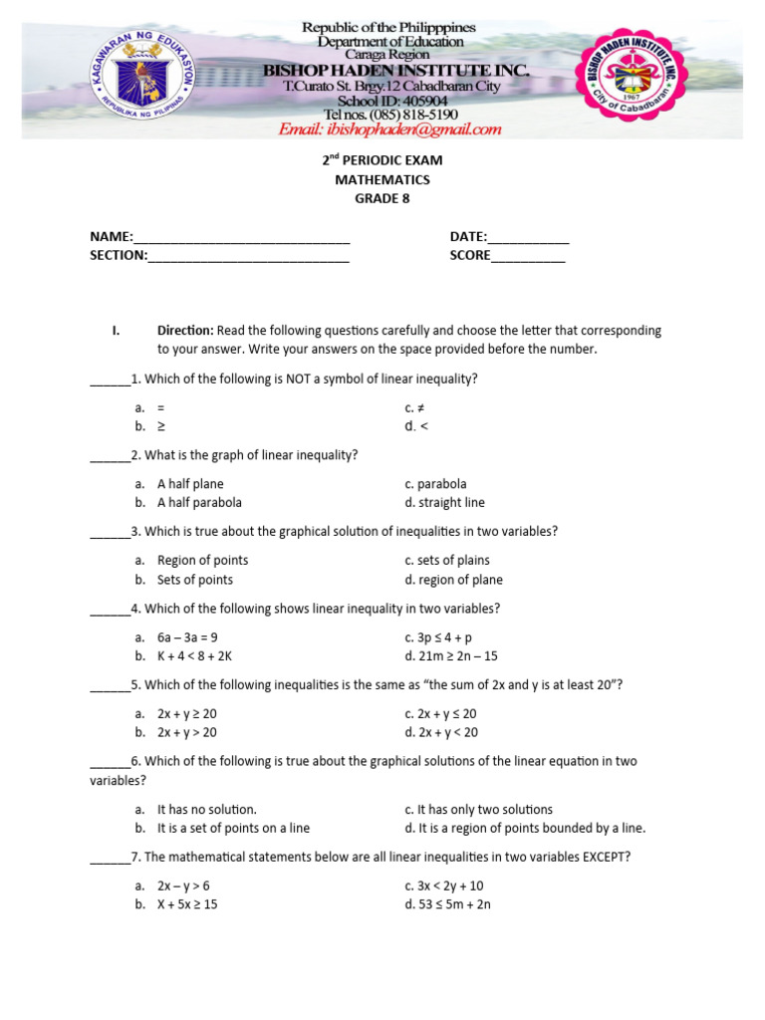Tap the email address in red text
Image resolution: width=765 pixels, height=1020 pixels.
point(389,129)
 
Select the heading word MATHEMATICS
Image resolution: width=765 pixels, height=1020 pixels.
point(382,179)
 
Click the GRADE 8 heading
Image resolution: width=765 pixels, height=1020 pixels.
point(382,198)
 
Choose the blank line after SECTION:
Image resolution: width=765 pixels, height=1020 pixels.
point(248,256)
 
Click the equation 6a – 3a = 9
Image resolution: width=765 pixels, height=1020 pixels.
point(187,637)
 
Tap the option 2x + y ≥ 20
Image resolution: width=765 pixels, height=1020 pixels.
point(187,714)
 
